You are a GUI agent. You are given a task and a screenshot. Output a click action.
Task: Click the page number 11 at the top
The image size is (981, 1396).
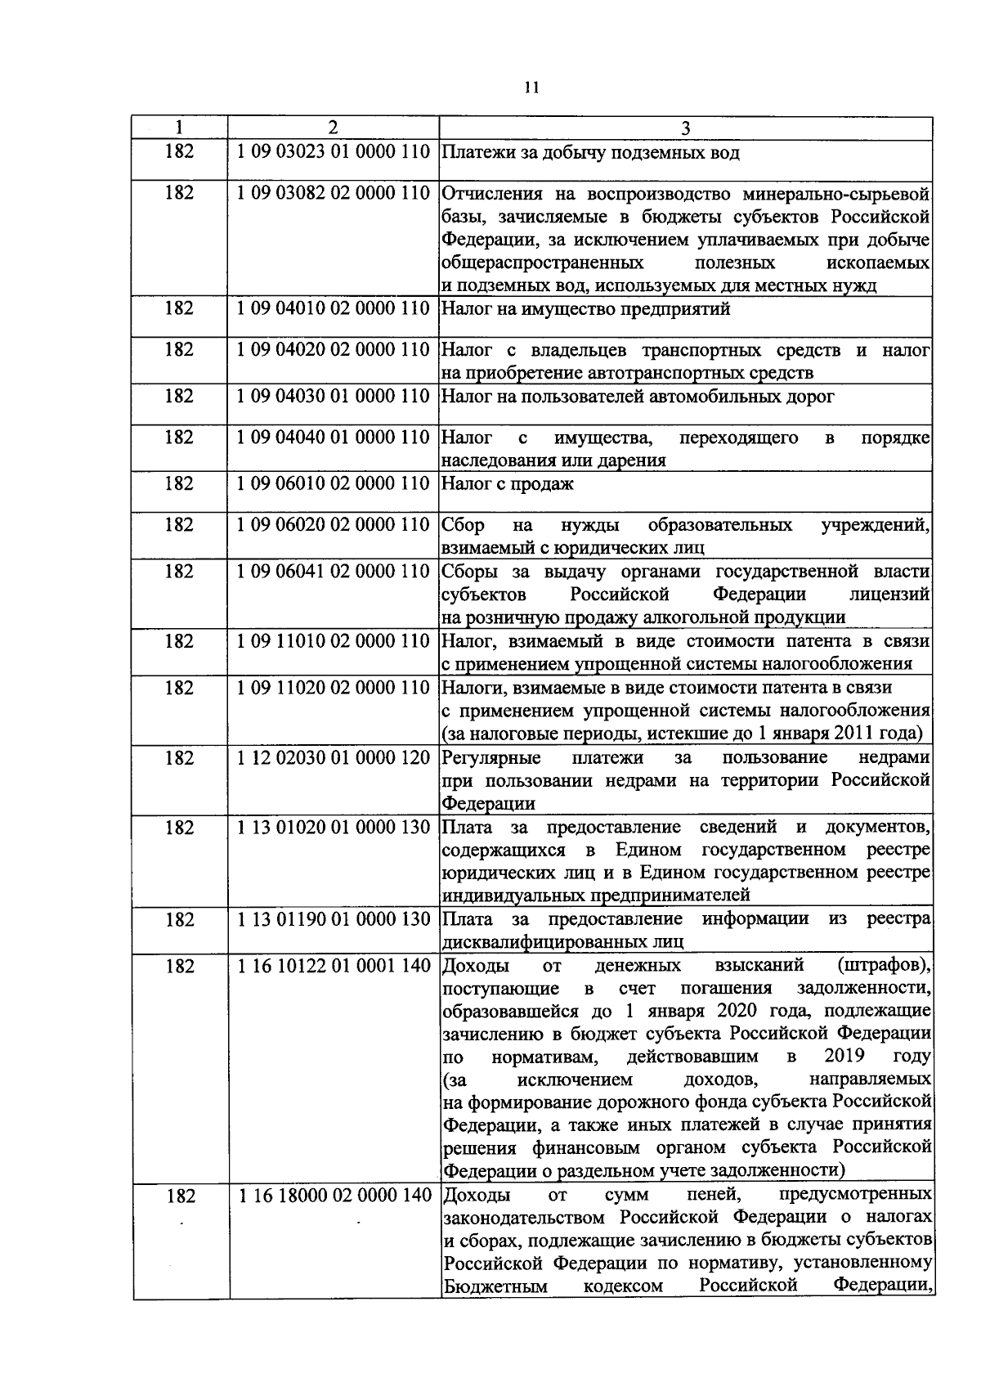[531, 88]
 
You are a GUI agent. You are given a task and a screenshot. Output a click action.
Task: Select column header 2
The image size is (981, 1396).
[332, 128]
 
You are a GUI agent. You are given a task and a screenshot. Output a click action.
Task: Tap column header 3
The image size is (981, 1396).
[685, 128]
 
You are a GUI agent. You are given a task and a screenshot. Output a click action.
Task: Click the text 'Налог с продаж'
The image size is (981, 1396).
[508, 484]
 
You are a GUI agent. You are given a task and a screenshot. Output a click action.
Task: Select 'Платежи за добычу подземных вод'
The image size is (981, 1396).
[590, 153]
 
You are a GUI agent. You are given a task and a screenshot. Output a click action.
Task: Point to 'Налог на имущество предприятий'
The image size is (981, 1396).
[585, 309]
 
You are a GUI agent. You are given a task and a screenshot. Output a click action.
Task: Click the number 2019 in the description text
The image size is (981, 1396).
[845, 1055]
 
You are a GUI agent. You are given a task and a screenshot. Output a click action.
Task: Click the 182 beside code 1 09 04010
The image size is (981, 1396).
[179, 308]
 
